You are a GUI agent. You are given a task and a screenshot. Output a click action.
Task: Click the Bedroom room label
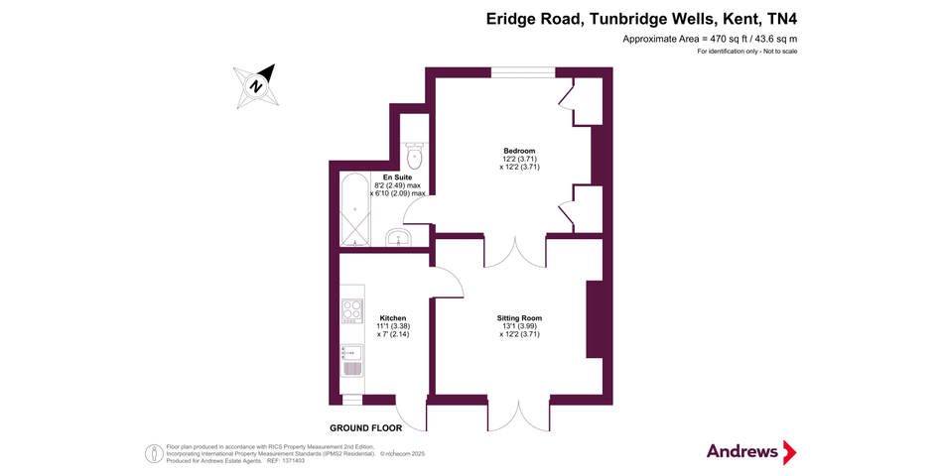coord(519,151)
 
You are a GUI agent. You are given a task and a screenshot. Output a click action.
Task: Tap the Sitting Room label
coord(519,318)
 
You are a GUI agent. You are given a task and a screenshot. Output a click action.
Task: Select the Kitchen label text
coord(393,318)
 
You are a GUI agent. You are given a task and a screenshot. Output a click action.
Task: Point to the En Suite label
coord(397,178)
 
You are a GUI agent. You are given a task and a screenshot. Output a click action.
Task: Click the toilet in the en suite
coord(415,157)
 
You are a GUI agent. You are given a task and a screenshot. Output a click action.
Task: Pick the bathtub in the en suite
coord(353,210)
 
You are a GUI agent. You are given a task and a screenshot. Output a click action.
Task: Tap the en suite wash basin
coord(398,238)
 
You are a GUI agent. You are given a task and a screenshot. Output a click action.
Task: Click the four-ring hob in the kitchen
coord(351,309)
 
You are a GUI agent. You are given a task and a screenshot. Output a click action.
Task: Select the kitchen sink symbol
coord(351,359)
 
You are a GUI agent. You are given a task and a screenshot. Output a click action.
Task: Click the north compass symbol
coord(257,85)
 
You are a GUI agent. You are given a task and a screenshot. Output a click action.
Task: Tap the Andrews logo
coord(751,452)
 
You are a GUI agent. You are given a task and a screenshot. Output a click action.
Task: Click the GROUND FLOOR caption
coord(366,428)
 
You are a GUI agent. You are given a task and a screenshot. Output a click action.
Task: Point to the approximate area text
coord(710,39)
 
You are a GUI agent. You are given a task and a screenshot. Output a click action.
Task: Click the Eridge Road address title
coord(641,18)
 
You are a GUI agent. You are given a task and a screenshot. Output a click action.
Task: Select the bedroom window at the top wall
coord(523,71)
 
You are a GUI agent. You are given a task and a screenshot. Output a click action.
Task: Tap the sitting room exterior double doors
coord(518,415)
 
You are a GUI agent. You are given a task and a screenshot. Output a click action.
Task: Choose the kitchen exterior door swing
coord(411,415)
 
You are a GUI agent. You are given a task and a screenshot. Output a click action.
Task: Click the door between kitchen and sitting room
coord(449,283)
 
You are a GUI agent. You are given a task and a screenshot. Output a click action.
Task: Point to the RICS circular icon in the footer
coord(154,452)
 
